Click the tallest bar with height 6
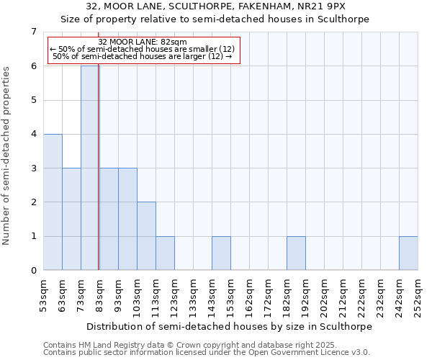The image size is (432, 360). click(x=89, y=168)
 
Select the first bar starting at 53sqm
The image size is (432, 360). click(x=53, y=202)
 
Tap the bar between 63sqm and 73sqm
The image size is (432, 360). click(x=71, y=219)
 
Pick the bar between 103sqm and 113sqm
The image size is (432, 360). click(x=146, y=236)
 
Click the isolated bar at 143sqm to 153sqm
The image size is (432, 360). click(x=221, y=253)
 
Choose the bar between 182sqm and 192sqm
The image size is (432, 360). click(x=296, y=253)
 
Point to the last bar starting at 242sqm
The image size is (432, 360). click(x=408, y=253)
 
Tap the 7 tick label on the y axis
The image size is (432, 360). click(x=33, y=32)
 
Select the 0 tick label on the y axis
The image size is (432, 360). click(x=33, y=271)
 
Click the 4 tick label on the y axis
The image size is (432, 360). click(x=33, y=134)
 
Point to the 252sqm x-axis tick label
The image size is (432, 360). click(x=418, y=296)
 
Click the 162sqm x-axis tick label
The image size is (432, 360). click(x=249, y=296)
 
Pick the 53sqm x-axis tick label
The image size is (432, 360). click(x=43, y=296)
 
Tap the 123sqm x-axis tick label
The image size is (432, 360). click(x=174, y=296)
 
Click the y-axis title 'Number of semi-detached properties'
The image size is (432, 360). click(x=7, y=156)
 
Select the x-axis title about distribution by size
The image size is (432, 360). click(x=230, y=326)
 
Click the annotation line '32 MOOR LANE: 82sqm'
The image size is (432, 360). click(x=143, y=42)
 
